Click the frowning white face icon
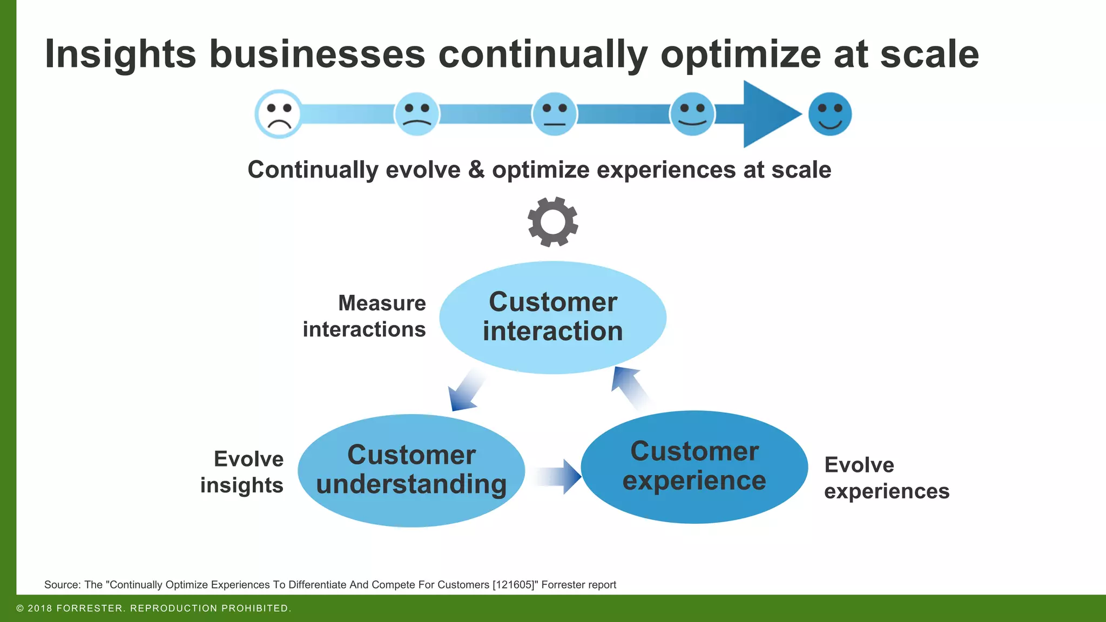(279, 114)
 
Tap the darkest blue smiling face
(829, 114)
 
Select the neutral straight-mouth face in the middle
(555, 114)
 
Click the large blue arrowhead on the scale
(770, 114)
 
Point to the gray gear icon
(553, 222)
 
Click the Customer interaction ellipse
(553, 317)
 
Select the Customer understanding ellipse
(412, 470)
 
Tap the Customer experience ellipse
(694, 467)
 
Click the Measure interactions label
(365, 316)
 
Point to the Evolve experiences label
(886, 478)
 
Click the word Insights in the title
(120, 54)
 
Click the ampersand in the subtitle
(476, 170)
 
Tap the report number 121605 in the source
(513, 585)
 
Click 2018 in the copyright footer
(40, 609)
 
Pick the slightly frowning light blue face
(417, 114)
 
